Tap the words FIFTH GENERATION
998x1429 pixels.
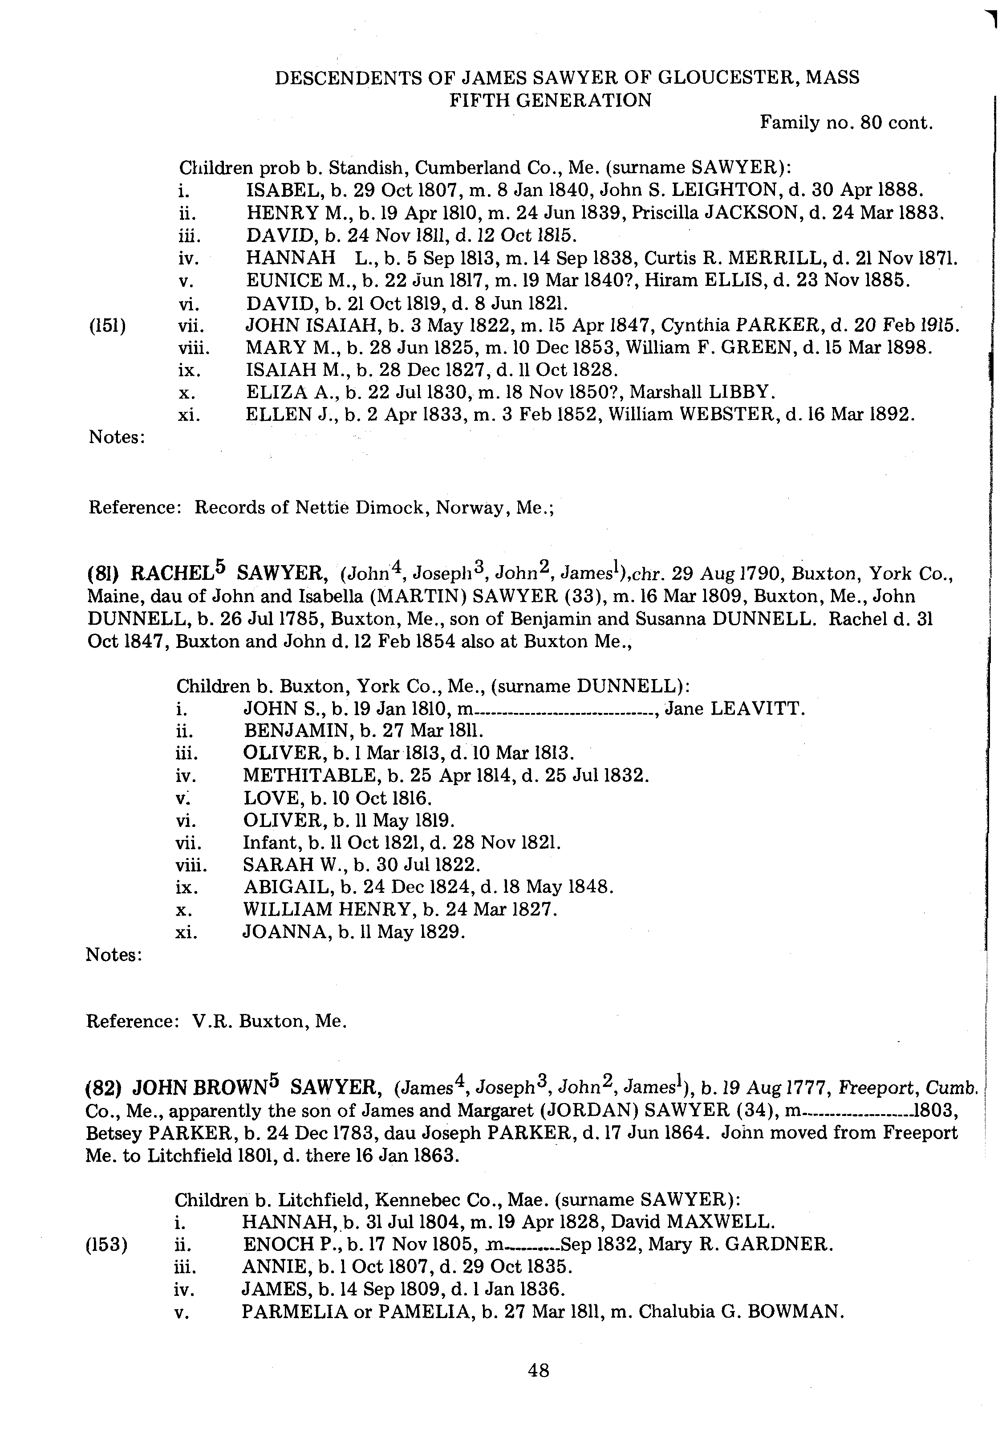point(550,100)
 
